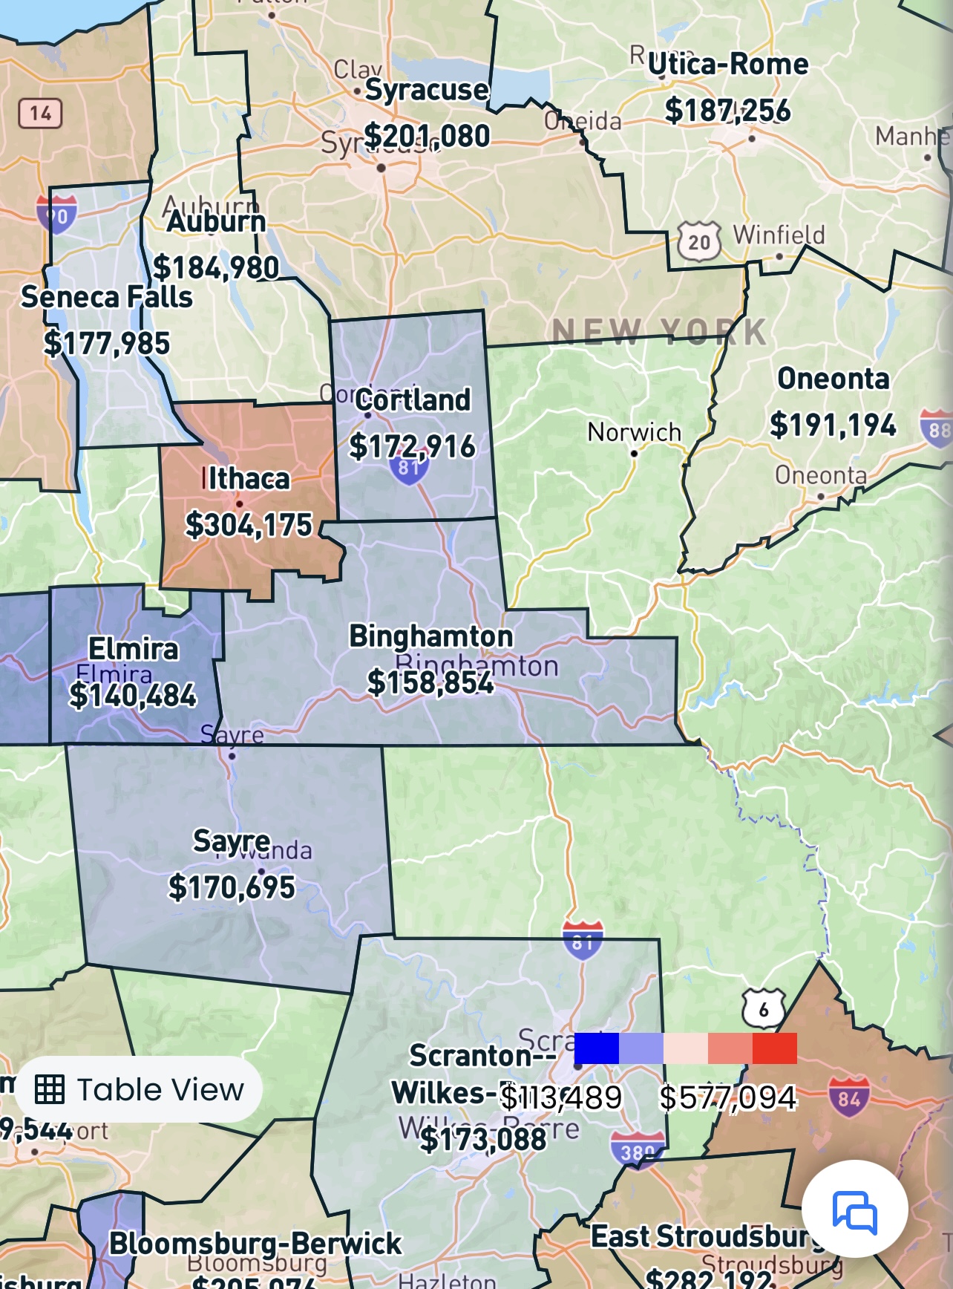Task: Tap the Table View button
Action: tap(140, 1089)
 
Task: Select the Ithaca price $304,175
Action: tap(249, 525)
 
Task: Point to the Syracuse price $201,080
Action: tap(427, 136)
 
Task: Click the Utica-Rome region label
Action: tap(728, 65)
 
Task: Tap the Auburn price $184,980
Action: tap(216, 267)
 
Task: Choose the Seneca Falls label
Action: tap(107, 297)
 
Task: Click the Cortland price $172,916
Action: tap(412, 446)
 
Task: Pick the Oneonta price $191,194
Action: tap(833, 425)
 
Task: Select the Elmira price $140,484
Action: tap(133, 696)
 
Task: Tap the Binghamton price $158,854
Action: tap(430, 682)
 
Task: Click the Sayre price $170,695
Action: tap(232, 887)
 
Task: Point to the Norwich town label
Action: tap(634, 432)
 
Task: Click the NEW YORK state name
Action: tap(660, 331)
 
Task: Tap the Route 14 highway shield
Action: tap(40, 114)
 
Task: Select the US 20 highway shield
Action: tap(699, 242)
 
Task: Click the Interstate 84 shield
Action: tap(849, 1097)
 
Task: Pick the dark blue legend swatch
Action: tap(596, 1048)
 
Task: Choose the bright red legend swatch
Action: tap(774, 1048)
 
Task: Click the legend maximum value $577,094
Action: tap(727, 1097)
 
